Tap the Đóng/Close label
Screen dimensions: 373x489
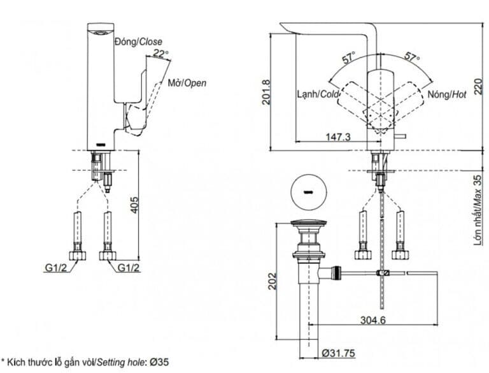138,41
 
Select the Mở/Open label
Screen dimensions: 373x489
187,83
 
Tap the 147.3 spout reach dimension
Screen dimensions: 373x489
338,136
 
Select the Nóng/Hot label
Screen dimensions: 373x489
448,94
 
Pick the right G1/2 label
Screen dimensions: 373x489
129,268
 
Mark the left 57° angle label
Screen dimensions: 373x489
348,59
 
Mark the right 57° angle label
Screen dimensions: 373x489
413,59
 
